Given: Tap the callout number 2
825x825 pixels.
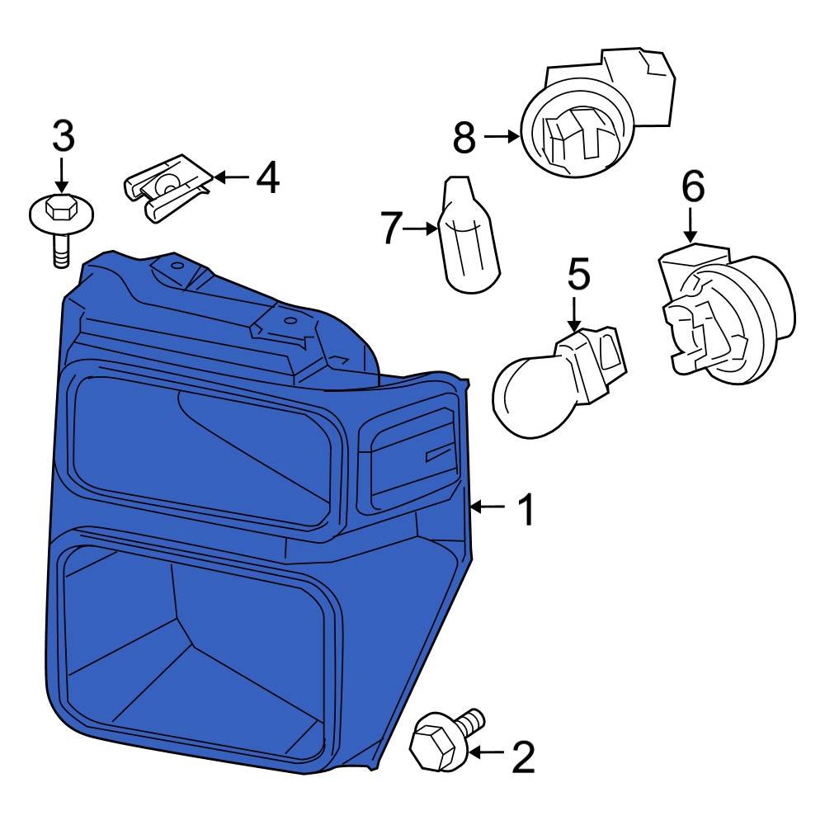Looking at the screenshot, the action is point(524,757).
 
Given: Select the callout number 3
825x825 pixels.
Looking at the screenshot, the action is point(64,136).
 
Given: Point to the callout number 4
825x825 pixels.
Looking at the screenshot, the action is point(268,177).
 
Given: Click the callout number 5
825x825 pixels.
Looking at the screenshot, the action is point(579,273).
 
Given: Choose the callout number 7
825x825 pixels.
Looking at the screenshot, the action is point(391,228).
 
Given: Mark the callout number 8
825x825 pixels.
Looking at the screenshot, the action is point(464,137).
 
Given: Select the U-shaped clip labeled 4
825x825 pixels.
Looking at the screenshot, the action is point(167,188).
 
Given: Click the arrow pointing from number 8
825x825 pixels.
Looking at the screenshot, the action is point(502,137).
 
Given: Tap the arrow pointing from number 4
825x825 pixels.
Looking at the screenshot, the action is point(232,177).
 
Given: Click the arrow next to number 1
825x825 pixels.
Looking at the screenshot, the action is point(488,507).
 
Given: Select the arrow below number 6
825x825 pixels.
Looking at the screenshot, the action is point(691,225).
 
